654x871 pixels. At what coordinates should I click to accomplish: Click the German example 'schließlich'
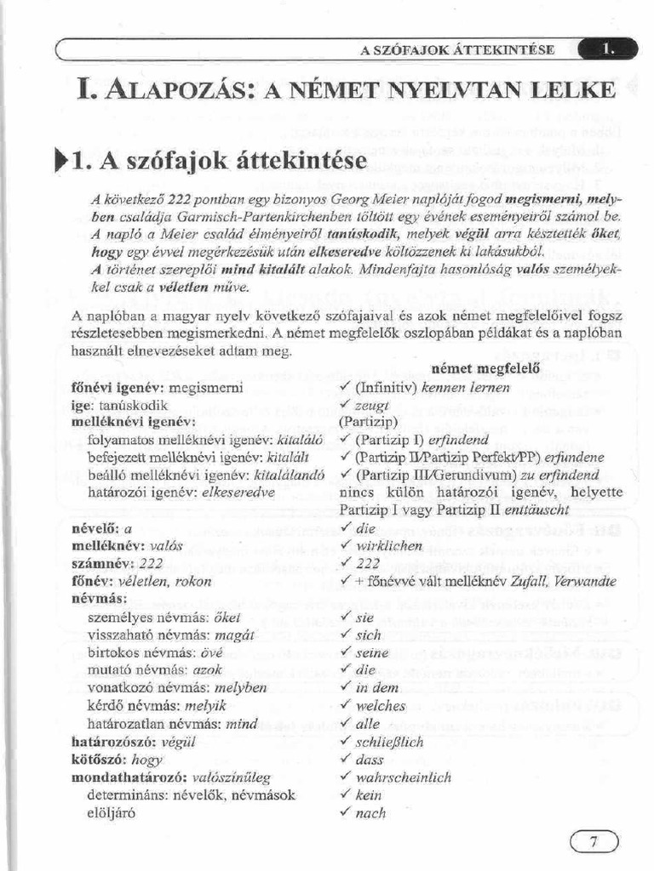tap(389, 742)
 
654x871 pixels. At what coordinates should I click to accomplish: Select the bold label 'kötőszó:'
tap(100, 760)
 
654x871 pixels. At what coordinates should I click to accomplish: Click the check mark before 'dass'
tap(345, 759)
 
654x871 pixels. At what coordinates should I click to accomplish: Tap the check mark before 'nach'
tap(345, 812)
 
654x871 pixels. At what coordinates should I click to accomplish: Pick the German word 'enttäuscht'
tap(557, 510)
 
